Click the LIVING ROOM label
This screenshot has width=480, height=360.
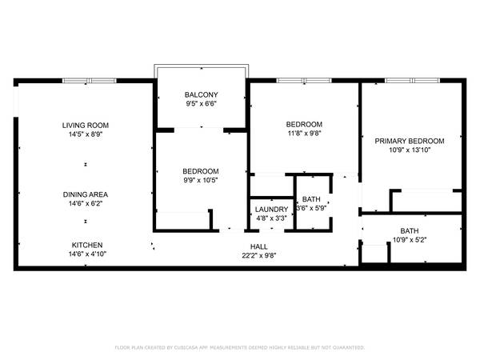[x=86, y=126]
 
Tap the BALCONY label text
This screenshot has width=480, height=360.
[x=201, y=94]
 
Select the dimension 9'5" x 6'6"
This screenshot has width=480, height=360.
[x=201, y=104]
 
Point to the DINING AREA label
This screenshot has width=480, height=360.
[x=86, y=194]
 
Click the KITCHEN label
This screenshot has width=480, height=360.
[x=87, y=245]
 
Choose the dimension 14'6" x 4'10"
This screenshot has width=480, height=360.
[x=87, y=254]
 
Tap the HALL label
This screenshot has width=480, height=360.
[x=259, y=246]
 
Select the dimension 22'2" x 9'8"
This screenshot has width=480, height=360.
[x=259, y=256]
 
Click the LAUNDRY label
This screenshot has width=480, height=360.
[x=271, y=210]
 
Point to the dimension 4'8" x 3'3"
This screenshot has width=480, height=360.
[x=271, y=218]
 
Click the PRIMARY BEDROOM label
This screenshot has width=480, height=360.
[x=410, y=141]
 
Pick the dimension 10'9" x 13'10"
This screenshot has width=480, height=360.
[x=410, y=150]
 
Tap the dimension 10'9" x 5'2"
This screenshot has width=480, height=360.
[x=410, y=240]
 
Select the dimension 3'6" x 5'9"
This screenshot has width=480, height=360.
[x=311, y=208]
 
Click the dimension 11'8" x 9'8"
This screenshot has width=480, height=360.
[x=304, y=133]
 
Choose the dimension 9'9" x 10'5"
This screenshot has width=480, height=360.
[x=201, y=180]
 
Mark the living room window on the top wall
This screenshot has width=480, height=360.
[x=90, y=81]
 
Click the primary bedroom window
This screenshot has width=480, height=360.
[x=412, y=81]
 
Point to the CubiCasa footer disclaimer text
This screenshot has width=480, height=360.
[x=240, y=347]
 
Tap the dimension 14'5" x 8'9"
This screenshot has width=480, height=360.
[x=86, y=134]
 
